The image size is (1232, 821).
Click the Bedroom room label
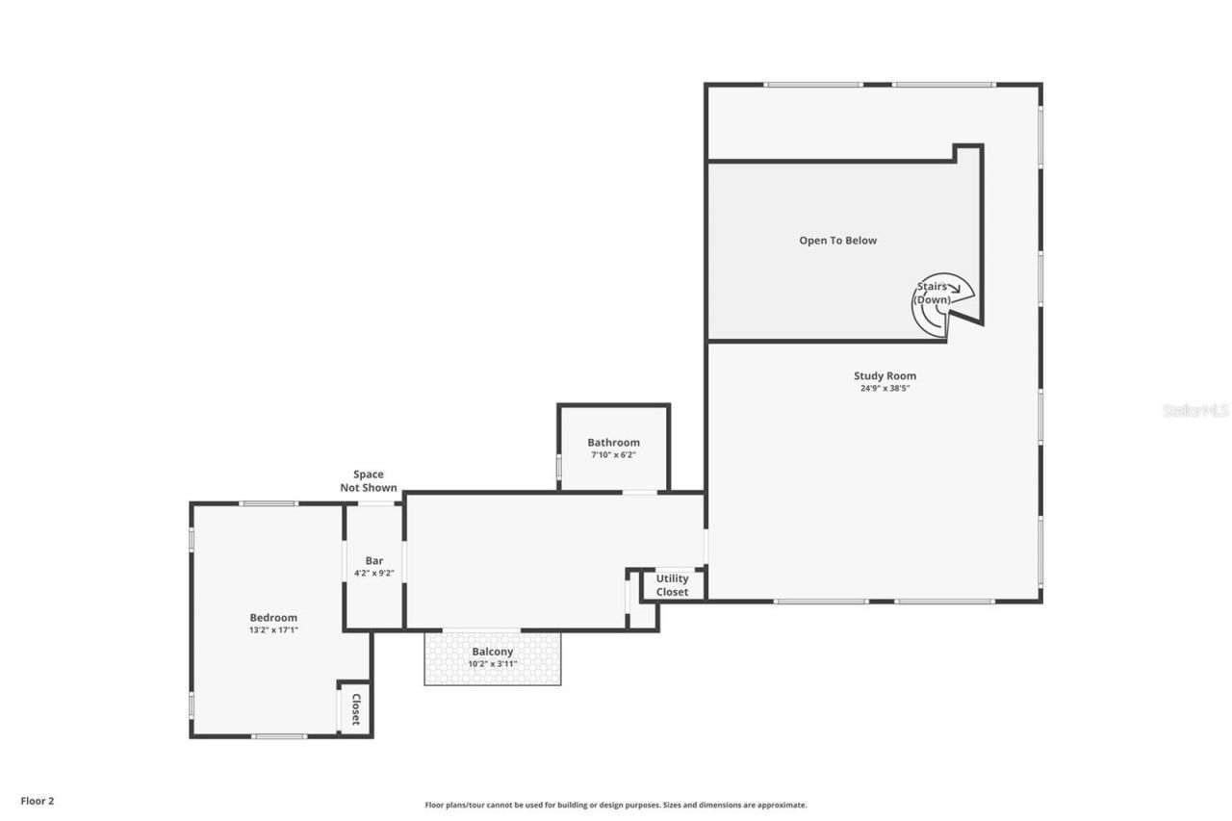coord(273,618)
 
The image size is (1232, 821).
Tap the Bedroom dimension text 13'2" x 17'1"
coord(273,630)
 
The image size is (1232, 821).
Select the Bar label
coord(374,561)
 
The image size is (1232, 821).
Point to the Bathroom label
coord(613,443)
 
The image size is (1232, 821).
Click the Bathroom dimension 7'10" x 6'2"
coord(613,454)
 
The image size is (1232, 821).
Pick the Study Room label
coord(885,376)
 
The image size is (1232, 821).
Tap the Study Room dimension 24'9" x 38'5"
coord(885,389)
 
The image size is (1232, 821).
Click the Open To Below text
coord(837,241)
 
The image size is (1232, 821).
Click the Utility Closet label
coord(672,585)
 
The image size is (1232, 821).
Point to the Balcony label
coord(492,652)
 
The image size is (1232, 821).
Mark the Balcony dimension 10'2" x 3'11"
coord(492,664)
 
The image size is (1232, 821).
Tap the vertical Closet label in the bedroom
coord(355,708)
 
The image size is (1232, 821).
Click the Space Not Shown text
coord(368,481)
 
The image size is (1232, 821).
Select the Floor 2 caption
coord(38,800)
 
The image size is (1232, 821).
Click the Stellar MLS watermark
coord(1195,410)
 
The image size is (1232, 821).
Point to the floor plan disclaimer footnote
coord(616,805)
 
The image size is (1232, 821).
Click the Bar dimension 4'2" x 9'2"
coord(374,573)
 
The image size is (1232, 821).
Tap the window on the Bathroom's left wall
coord(559,467)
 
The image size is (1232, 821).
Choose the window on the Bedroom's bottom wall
coord(279,736)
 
